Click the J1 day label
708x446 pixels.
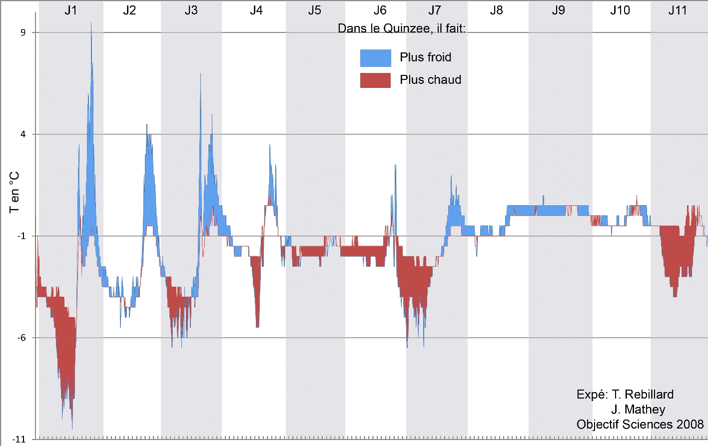click(70, 10)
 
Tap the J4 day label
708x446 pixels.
click(256, 10)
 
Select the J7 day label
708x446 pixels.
click(435, 10)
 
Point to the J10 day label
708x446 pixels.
click(620, 10)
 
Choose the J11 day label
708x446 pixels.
click(678, 10)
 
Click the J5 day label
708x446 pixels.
click(314, 10)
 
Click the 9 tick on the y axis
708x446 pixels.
click(22, 32)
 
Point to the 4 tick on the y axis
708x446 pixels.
click(22, 134)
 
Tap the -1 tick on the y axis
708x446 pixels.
click(21, 236)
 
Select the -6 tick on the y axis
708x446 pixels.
click(21, 338)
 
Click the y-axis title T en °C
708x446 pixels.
click(14, 192)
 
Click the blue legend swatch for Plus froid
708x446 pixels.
click(375, 58)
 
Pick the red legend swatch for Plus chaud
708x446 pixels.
click(375, 80)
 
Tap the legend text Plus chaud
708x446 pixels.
click(430, 80)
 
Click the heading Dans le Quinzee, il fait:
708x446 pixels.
click(402, 28)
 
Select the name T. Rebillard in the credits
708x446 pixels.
click(643, 395)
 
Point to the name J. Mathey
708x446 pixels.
click(638, 410)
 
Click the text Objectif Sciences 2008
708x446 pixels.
click(640, 425)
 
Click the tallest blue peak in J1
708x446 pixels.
click(91, 23)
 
